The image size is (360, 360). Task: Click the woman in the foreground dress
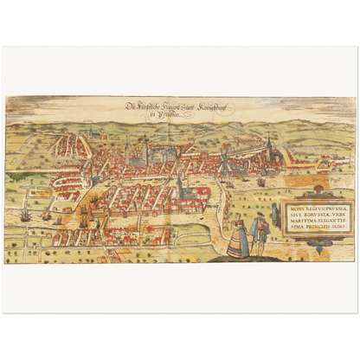tap(237, 235)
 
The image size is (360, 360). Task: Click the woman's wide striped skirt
tap(237, 246)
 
